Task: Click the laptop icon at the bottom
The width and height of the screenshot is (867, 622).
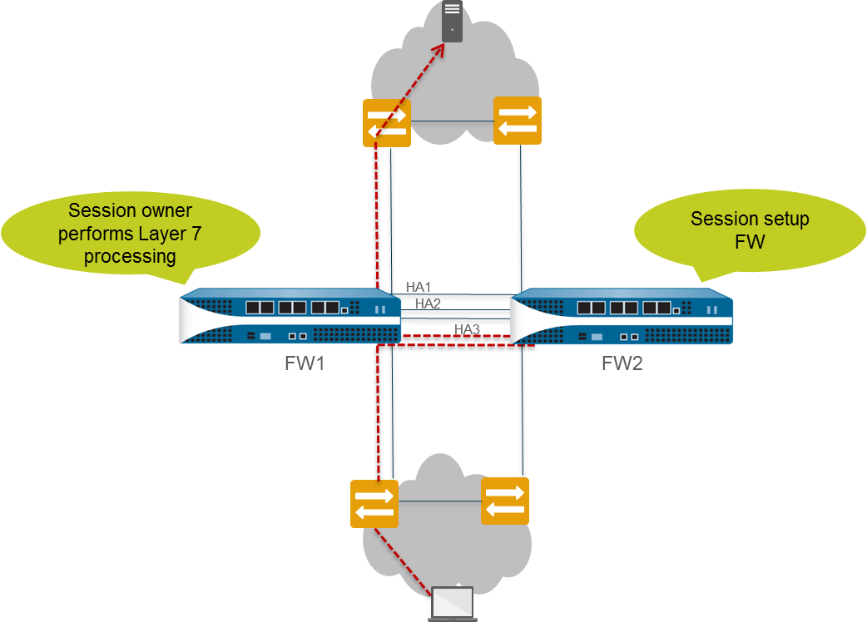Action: (453, 604)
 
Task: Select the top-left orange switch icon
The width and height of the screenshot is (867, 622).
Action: (387, 122)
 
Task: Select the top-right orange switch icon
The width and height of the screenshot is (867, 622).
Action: (518, 120)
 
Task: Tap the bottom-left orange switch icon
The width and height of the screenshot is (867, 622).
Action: (374, 504)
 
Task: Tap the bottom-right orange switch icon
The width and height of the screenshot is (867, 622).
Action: (504, 501)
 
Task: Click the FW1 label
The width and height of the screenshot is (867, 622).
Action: (304, 363)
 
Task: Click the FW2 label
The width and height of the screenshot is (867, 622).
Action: (622, 363)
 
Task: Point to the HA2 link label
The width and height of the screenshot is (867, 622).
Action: (428, 304)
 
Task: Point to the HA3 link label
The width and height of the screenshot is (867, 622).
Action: (467, 329)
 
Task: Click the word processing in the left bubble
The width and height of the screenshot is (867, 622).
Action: (130, 256)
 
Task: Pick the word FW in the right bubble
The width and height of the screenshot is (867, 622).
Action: (749, 242)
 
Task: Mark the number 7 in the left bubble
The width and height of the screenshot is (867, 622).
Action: (196, 234)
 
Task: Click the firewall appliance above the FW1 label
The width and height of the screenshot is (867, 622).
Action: (290, 317)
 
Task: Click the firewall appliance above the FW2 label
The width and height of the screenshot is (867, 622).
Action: (622, 317)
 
